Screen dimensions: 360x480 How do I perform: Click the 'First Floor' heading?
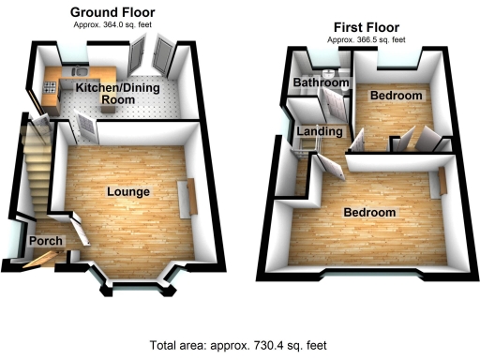(x=366, y=29)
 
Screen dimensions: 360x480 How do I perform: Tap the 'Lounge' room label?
(x=128, y=192)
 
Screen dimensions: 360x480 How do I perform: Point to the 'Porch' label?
(x=46, y=242)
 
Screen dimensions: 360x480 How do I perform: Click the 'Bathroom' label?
(x=321, y=83)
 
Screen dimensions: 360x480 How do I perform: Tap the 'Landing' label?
(x=320, y=132)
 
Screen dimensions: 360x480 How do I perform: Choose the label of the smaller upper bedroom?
(x=396, y=97)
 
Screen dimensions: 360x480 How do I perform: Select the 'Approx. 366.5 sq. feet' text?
(x=366, y=40)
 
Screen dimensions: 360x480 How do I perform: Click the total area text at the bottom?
(x=240, y=344)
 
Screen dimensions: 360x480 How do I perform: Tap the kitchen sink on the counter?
(x=79, y=72)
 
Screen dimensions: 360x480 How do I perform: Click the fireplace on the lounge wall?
(x=194, y=198)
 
